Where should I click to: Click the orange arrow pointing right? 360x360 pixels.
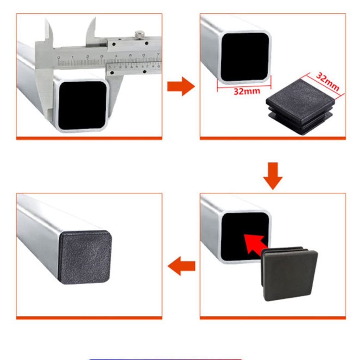pos(181,86)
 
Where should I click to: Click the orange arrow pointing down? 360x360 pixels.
pos(273,176)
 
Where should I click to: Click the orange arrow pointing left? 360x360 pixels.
pos(181,266)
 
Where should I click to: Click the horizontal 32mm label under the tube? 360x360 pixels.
pos(247,92)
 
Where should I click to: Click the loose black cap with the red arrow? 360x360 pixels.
pos(290,274)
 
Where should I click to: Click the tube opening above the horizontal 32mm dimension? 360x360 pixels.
pos(245,57)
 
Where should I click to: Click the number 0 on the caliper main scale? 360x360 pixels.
pos(59,58)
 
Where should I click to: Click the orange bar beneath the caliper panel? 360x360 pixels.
pos(89,138)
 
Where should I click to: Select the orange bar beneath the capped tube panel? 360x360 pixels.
pos(89,318)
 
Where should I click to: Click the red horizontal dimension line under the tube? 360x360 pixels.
pos(244,86)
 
